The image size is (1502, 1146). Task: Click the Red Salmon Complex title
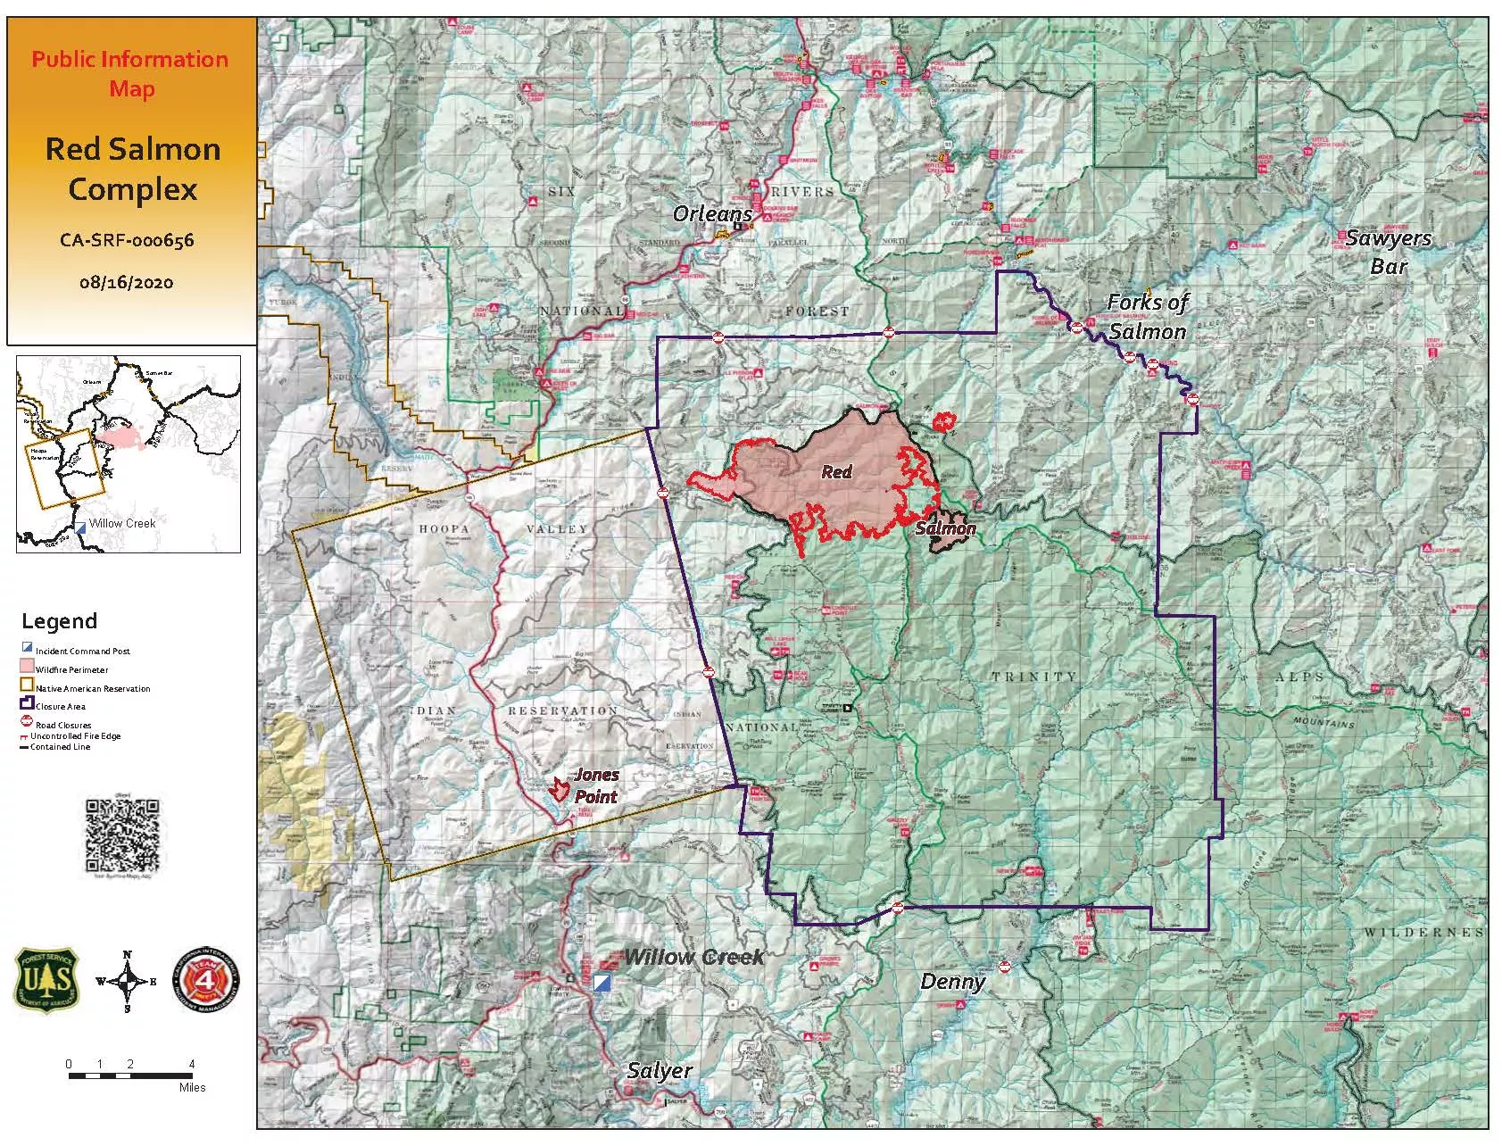[x=132, y=169]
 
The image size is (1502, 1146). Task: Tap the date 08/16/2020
[x=126, y=282]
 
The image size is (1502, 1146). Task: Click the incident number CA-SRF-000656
[x=127, y=239]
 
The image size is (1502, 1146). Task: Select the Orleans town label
[x=711, y=214]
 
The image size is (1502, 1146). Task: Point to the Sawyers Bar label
[x=1388, y=252]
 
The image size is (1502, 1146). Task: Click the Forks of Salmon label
[x=1147, y=317]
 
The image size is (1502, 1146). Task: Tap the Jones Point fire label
[x=595, y=785]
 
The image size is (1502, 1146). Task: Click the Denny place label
[x=952, y=983]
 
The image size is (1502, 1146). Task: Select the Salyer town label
[x=660, y=1071]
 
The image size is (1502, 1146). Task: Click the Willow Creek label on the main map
[x=693, y=958]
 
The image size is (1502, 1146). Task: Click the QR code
[x=123, y=835]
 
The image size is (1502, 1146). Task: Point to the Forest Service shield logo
[x=46, y=980]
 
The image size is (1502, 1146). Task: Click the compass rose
[x=127, y=982]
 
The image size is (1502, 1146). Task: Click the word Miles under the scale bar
[x=192, y=1087]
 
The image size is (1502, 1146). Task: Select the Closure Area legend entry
[x=61, y=706]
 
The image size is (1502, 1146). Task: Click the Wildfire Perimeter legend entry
[x=71, y=669]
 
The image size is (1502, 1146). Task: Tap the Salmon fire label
[x=945, y=528]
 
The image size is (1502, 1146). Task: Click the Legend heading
[x=59, y=621]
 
